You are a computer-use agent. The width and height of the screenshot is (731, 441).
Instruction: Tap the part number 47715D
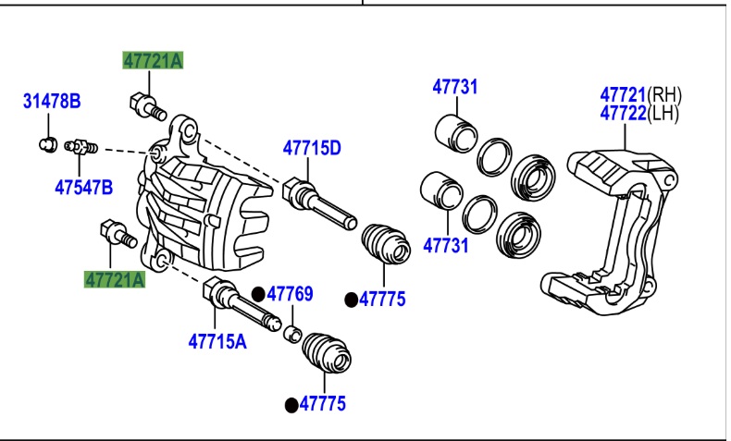click(x=312, y=148)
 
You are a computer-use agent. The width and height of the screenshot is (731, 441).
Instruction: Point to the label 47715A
click(x=217, y=341)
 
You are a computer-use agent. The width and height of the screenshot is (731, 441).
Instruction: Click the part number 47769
click(x=291, y=295)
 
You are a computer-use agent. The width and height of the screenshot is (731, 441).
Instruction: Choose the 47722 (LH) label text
click(x=639, y=114)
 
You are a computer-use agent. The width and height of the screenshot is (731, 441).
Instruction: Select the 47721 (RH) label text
click(x=639, y=94)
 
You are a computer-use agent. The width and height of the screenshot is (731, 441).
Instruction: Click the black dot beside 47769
click(x=259, y=295)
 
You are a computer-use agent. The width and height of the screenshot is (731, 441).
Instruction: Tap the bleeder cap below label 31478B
click(x=49, y=143)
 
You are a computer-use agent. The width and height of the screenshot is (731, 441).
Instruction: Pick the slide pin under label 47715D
click(x=318, y=203)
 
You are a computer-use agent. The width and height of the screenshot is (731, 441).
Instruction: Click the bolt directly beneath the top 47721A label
click(x=147, y=105)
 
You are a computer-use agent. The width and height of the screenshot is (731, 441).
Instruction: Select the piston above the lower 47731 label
click(x=441, y=190)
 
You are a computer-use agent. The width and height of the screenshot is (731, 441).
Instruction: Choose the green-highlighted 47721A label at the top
click(x=154, y=61)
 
